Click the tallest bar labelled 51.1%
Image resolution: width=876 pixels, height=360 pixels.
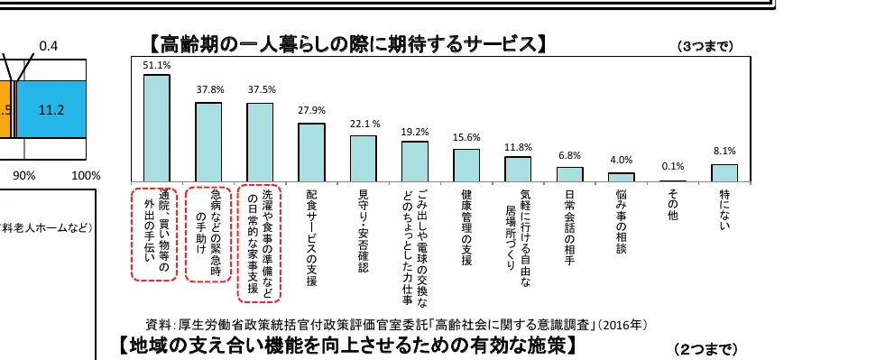coord(157,127)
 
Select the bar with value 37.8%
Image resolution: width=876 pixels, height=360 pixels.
coord(208,142)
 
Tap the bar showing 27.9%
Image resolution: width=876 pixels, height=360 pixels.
coord(311,152)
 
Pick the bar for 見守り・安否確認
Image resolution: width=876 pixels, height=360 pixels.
coord(363,158)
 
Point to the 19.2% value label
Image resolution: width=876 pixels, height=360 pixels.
coord(415,132)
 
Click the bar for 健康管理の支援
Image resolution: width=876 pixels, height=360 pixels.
coord(466,165)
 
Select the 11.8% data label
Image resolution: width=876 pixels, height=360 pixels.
coord(518,147)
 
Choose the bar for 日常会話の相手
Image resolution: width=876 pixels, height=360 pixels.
coord(569,174)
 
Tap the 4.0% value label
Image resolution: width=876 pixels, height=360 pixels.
coord(622,161)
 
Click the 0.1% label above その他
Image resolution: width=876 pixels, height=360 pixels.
coord(673,166)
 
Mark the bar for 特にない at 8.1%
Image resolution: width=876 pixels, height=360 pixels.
coord(724,172)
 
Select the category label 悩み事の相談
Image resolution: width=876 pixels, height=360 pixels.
coord(622,220)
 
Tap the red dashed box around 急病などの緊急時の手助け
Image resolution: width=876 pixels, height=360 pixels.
coord(208,234)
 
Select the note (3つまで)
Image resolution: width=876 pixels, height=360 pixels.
coord(705,45)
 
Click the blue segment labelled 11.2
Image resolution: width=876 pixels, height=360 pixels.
coord(51,109)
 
